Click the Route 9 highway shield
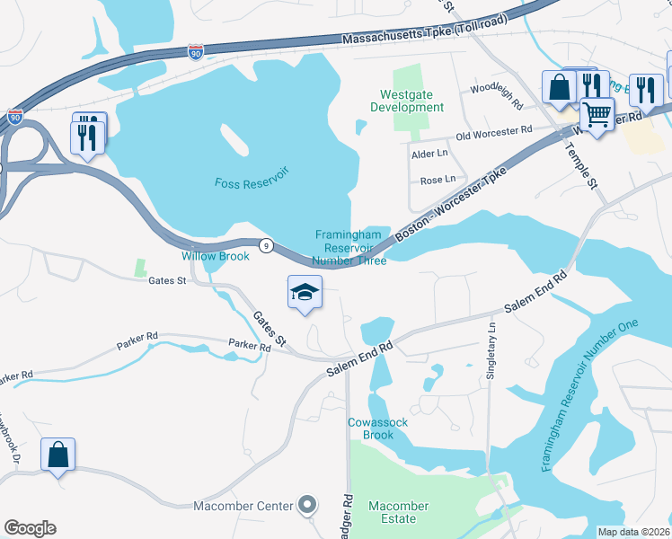point(266,245)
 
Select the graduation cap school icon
point(305,292)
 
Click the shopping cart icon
point(596,114)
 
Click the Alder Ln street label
point(429,155)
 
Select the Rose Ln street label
point(438,181)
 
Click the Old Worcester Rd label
point(493,133)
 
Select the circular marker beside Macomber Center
point(306,506)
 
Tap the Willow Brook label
point(216,256)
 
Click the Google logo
point(30,528)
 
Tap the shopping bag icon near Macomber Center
point(57,455)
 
